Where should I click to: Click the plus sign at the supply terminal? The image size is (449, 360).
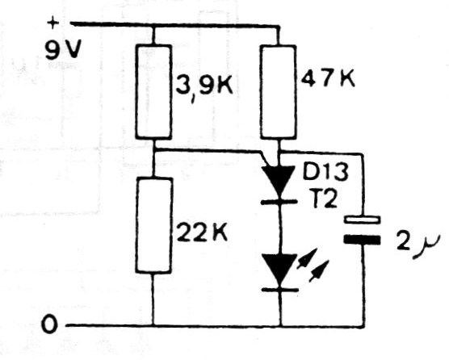[52, 23]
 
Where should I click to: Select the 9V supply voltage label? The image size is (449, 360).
[63, 49]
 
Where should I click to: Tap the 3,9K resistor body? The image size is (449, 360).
[153, 92]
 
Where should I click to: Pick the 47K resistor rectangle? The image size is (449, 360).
[278, 92]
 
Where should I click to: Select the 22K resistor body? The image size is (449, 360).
[154, 225]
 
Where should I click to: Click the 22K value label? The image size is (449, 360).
[202, 232]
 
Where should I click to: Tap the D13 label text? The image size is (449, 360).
[325, 172]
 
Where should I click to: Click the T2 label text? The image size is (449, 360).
[324, 199]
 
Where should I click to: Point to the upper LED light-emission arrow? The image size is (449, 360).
[307, 258]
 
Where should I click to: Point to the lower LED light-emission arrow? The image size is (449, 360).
[318, 270]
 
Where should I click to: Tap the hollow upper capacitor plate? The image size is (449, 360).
[363, 220]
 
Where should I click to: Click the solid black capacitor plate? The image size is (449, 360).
[363, 240]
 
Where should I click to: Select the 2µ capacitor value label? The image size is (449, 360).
[418, 245]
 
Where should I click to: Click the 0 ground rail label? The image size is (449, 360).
[49, 324]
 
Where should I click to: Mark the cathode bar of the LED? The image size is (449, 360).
[280, 290]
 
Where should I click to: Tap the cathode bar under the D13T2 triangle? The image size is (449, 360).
[279, 202]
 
